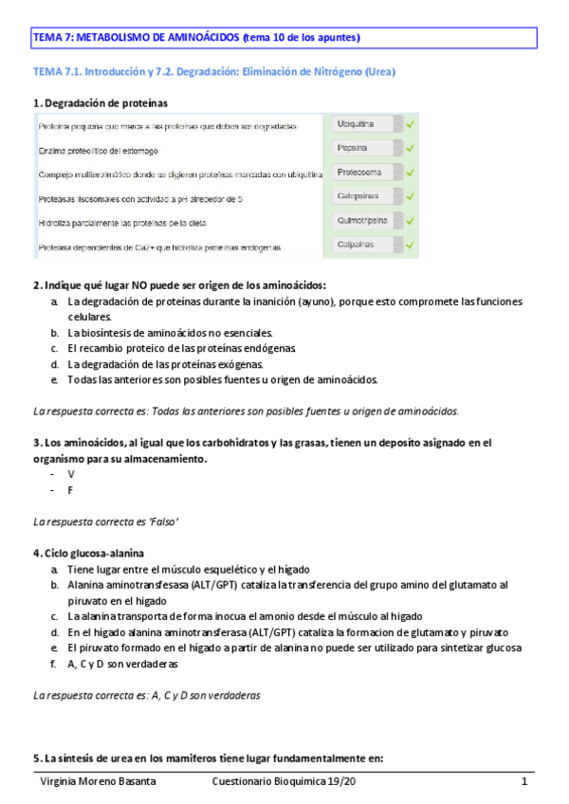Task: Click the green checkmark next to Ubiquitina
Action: click(x=411, y=124)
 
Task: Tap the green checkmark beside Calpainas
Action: click(x=411, y=245)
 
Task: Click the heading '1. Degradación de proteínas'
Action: click(x=102, y=102)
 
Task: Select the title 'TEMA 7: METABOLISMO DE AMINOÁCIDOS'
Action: click(x=136, y=38)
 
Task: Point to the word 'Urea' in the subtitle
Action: click(x=378, y=72)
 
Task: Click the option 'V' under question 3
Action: click(x=71, y=474)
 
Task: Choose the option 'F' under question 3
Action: click(x=71, y=490)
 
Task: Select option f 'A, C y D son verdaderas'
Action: click(x=122, y=664)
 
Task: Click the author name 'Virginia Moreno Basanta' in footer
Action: click(x=98, y=781)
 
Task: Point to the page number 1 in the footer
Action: click(x=523, y=781)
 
